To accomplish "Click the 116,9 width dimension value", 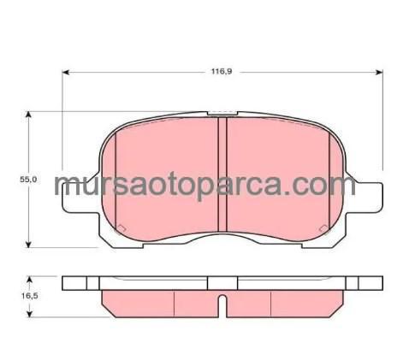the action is (x=222, y=72).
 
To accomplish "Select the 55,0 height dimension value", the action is (x=28, y=180).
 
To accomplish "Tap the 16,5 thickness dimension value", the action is (x=29, y=296).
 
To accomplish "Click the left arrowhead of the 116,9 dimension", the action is (x=66, y=73).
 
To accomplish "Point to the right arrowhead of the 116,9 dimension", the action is (x=379, y=73).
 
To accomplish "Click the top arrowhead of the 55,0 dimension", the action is (x=28, y=115).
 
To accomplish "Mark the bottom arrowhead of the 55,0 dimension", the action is (x=28, y=244).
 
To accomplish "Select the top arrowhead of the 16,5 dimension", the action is (x=28, y=280).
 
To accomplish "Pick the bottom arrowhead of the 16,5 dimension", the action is (x=28, y=314).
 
